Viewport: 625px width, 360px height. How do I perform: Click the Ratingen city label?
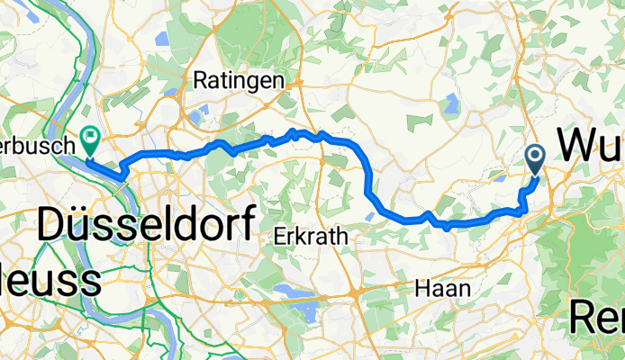239,80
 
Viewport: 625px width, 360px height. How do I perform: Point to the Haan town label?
441,288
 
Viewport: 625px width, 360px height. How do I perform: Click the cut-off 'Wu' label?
591,145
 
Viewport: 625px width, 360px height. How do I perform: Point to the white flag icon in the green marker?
90,139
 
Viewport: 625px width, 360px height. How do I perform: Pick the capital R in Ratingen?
203,80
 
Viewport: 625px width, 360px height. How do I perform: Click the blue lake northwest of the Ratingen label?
162,40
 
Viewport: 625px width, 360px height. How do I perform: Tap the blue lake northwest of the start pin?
448,100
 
